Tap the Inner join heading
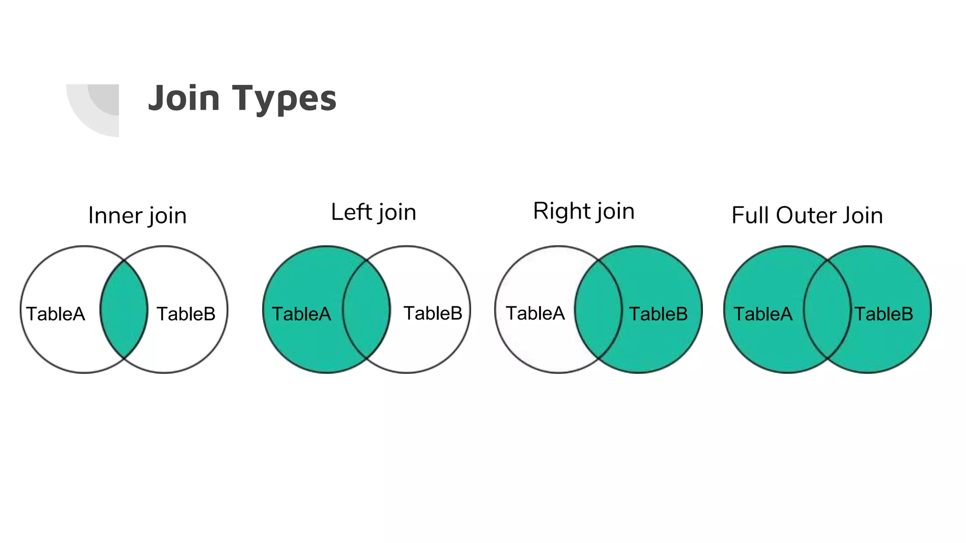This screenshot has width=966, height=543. [x=137, y=216]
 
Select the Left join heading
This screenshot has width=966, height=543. [x=374, y=212]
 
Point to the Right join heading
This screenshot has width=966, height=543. [x=583, y=211]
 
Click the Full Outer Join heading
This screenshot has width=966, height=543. [x=807, y=215]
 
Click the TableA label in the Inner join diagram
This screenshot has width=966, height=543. [x=56, y=314]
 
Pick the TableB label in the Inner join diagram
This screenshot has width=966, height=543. [x=186, y=314]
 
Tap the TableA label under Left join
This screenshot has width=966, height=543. [x=301, y=314]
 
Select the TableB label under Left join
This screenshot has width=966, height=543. [x=433, y=313]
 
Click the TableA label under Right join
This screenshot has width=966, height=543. [x=535, y=313]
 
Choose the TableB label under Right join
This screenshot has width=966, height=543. [x=658, y=314]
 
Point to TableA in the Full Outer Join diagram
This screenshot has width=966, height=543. [x=763, y=314]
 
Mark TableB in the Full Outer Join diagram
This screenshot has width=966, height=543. [x=884, y=314]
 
